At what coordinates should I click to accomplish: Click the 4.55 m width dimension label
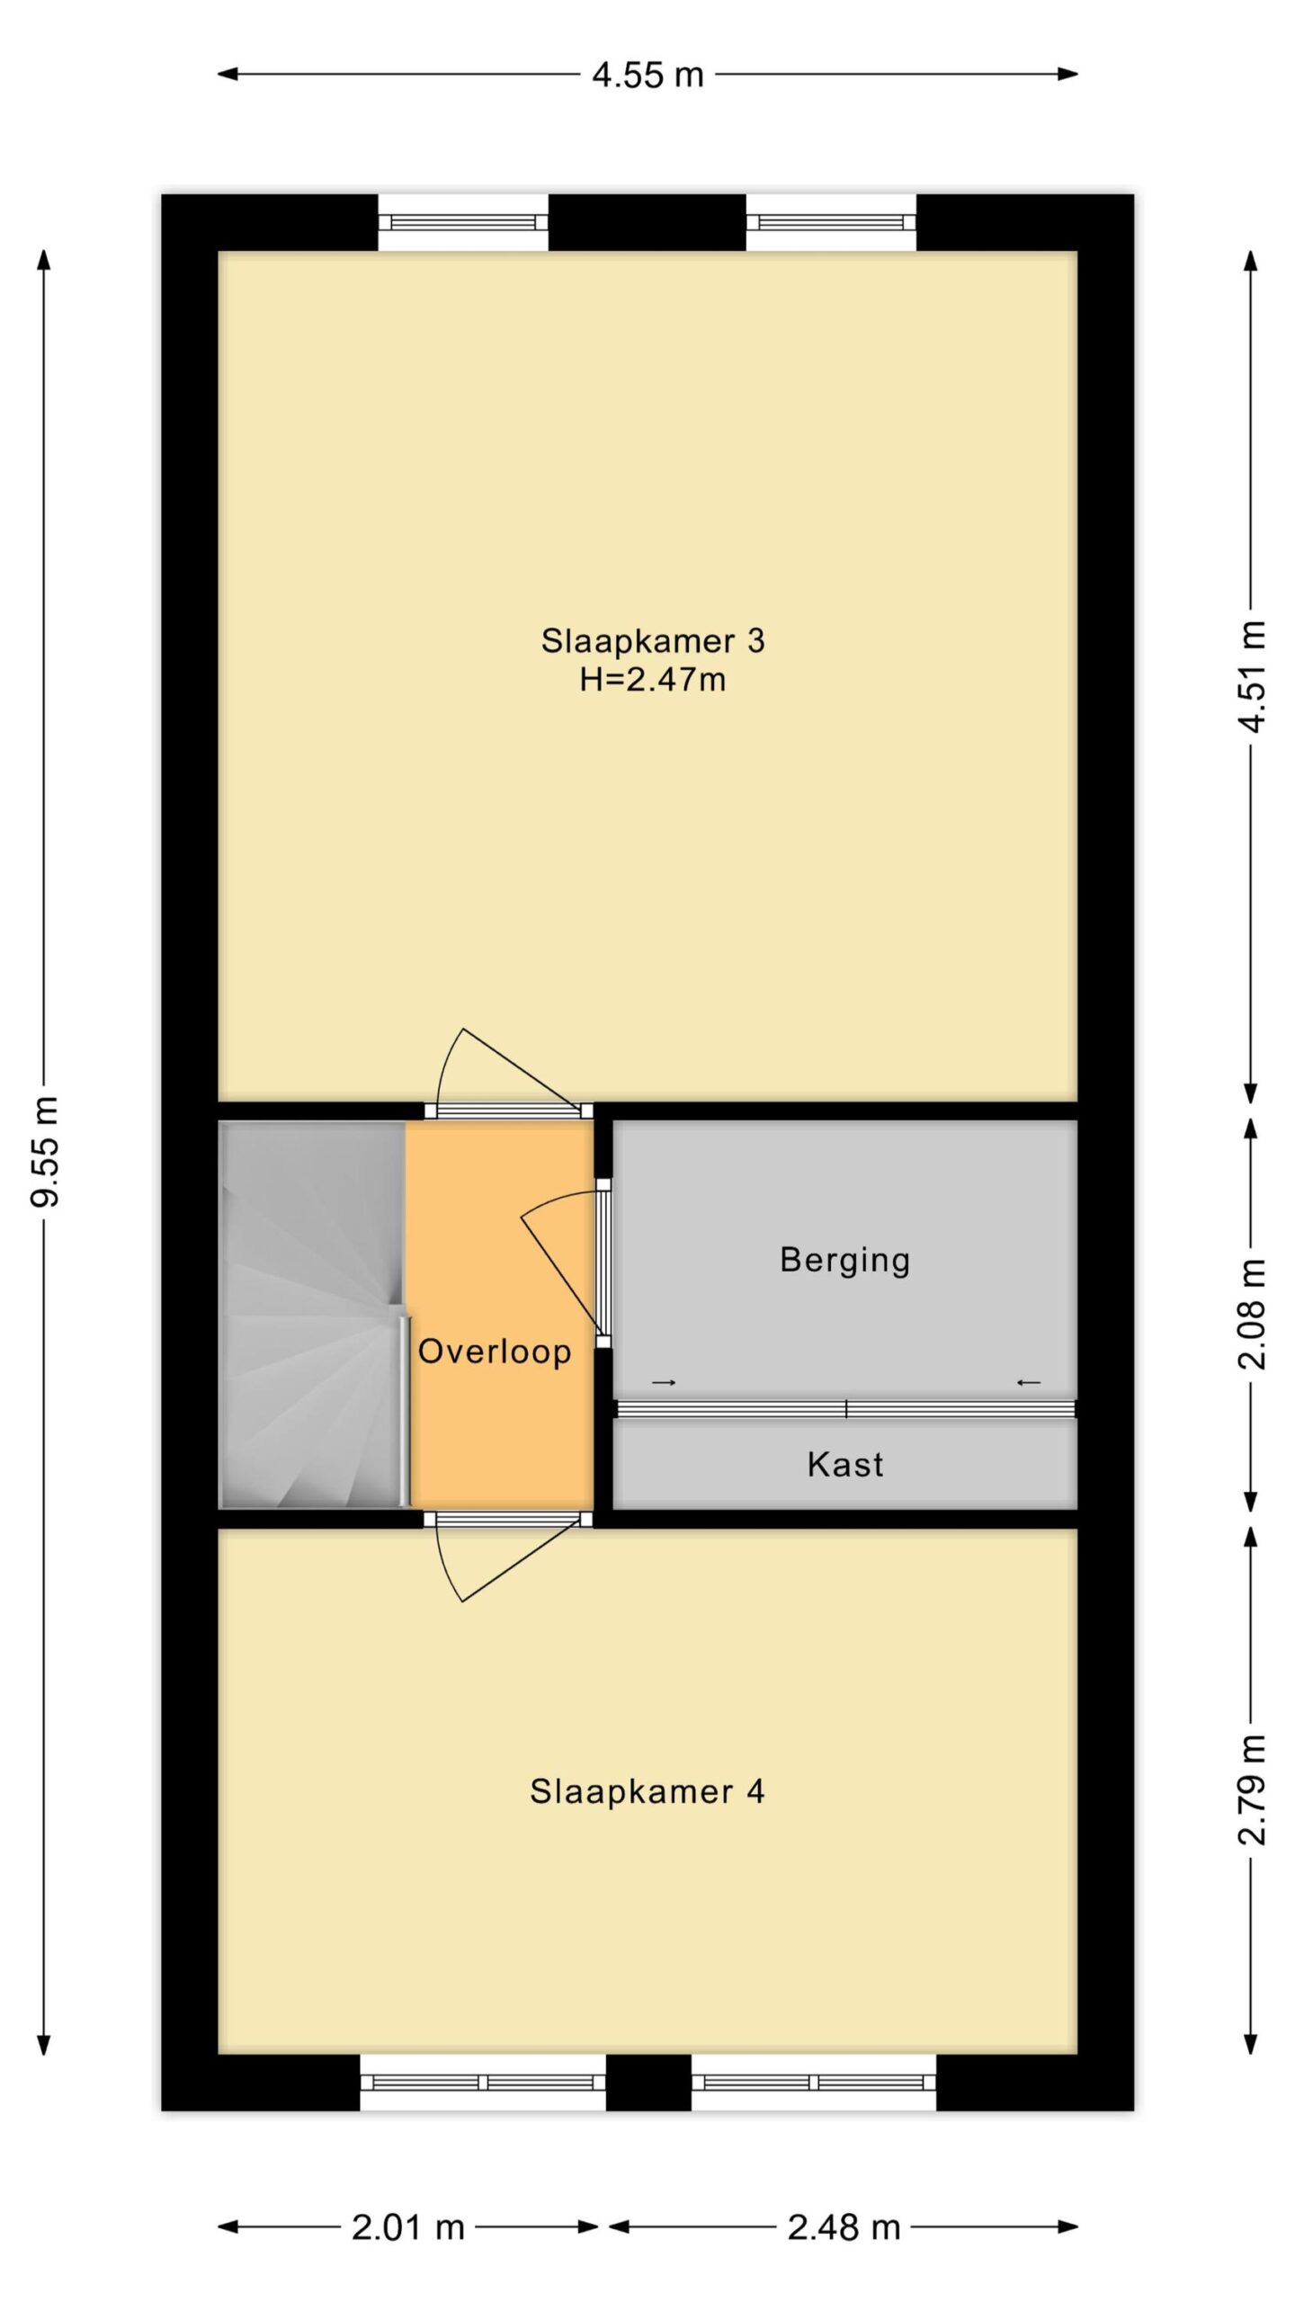pyautogui.click(x=647, y=75)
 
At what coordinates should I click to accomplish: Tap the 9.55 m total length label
pyautogui.click(x=45, y=1152)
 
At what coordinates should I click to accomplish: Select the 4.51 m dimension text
pyautogui.click(x=1252, y=676)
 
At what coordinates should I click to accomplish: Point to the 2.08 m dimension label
pyautogui.click(x=1252, y=1313)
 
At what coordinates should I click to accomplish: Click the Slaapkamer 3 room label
pyautogui.click(x=653, y=641)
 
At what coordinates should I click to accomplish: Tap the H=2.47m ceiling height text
pyautogui.click(x=653, y=680)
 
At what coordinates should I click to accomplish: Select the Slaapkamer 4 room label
pyautogui.click(x=647, y=1792)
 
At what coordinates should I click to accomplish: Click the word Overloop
pyautogui.click(x=495, y=1352)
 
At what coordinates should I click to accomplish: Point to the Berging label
pyautogui.click(x=845, y=1261)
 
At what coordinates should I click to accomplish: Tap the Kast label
pyautogui.click(x=845, y=1465)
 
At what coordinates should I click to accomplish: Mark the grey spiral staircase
pyautogui.click(x=312, y=1314)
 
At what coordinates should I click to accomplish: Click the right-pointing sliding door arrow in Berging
pyautogui.click(x=664, y=1382)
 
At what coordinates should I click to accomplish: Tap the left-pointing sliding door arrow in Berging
pyautogui.click(x=1029, y=1382)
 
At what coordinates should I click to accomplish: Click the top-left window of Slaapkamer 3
pyautogui.click(x=463, y=223)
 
